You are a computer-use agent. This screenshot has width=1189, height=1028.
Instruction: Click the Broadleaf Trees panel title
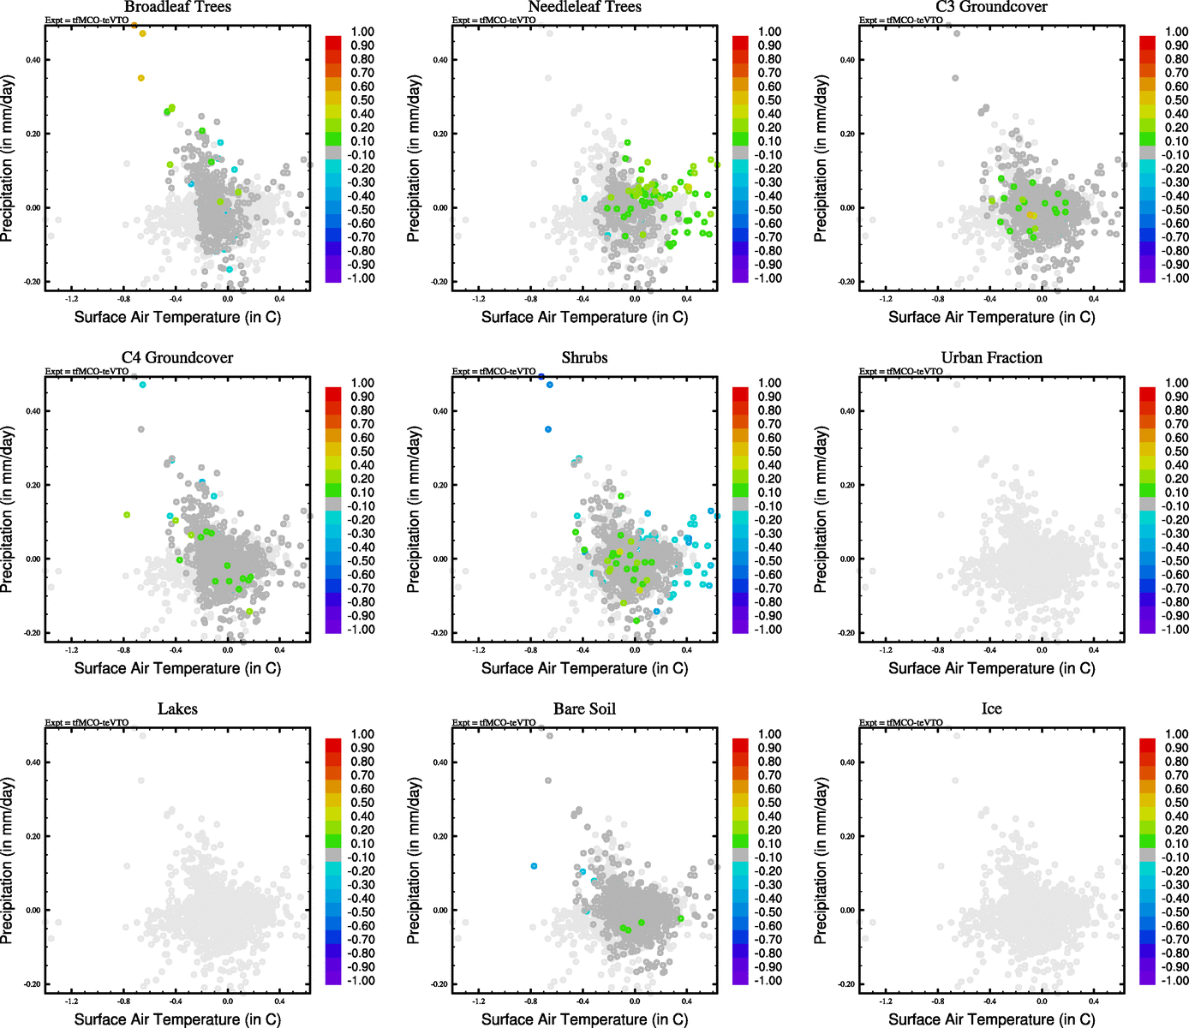click(177, 7)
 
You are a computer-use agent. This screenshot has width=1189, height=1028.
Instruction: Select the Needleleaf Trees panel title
click(584, 7)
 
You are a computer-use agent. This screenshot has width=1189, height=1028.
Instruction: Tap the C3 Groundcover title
click(991, 7)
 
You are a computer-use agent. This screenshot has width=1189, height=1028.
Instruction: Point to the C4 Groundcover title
click(177, 358)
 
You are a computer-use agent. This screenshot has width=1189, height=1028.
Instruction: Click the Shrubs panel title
click(584, 358)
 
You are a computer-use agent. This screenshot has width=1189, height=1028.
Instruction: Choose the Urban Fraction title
click(991, 358)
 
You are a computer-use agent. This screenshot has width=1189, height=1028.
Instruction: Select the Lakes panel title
click(177, 709)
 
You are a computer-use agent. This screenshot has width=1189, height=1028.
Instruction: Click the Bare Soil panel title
click(584, 709)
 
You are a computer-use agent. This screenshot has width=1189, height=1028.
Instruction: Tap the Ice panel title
click(991, 709)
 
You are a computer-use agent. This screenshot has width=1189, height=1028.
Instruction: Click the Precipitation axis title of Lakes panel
click(8, 861)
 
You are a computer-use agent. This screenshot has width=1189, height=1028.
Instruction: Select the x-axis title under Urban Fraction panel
click(991, 668)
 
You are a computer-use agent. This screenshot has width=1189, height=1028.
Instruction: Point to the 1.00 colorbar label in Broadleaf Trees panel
click(362, 32)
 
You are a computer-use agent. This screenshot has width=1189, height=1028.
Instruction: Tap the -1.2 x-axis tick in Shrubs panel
click(478, 650)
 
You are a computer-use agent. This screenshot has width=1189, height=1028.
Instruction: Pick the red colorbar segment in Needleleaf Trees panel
click(741, 41)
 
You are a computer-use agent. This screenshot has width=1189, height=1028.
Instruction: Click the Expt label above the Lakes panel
click(87, 722)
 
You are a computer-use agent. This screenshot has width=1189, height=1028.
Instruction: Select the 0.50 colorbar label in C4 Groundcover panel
click(362, 451)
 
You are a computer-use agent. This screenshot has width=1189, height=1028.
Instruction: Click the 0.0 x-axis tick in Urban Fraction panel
click(1042, 650)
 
